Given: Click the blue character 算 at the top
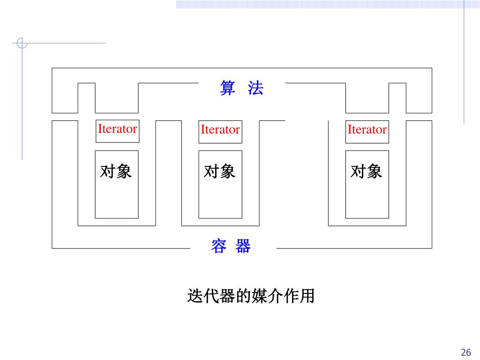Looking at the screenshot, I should (227, 88).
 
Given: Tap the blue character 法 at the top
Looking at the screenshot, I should (255, 88).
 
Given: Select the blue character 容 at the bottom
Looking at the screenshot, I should (219, 246).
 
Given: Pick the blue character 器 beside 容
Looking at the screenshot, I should (243, 246).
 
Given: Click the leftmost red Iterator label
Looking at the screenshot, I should (117, 129).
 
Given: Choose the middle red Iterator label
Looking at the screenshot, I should (220, 130).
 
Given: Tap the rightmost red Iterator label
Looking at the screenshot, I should (367, 130).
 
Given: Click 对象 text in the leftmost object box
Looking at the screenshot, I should (116, 172).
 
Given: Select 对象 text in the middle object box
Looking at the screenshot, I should (219, 172).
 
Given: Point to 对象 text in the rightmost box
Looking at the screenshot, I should (367, 172).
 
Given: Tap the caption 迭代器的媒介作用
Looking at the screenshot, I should (251, 296).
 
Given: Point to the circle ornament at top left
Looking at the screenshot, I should (22, 44).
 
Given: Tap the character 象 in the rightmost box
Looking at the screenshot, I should (375, 172).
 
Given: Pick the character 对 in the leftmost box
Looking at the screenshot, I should (108, 172).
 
